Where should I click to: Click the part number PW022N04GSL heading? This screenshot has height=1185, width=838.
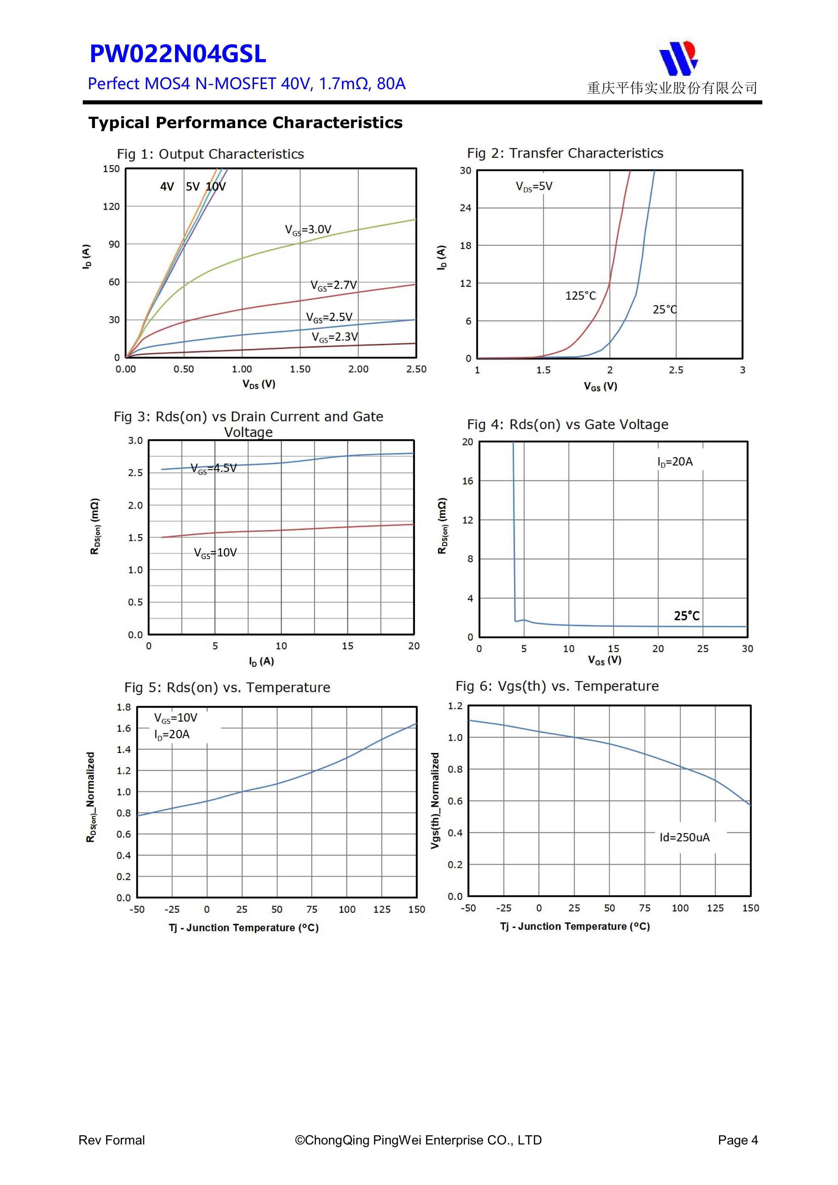click(178, 54)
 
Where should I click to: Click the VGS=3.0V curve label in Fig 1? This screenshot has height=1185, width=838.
click(308, 230)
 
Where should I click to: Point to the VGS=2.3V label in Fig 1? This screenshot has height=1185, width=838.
click(335, 337)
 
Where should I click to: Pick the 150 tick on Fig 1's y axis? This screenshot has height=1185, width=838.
click(111, 169)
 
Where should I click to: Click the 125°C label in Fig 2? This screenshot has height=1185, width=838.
click(581, 296)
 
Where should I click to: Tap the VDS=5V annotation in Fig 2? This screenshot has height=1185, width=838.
click(534, 186)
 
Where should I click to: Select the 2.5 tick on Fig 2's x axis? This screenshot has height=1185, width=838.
click(676, 370)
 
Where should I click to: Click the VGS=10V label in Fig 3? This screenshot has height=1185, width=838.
click(215, 553)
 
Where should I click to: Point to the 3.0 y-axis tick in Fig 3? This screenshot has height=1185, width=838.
click(135, 441)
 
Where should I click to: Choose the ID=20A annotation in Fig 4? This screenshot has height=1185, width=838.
click(675, 462)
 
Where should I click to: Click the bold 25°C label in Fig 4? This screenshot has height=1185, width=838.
click(687, 616)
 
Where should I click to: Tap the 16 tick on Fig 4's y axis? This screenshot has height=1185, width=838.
click(467, 481)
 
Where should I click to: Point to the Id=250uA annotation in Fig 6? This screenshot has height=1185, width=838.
click(684, 837)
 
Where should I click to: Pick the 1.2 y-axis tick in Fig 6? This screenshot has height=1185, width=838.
click(455, 706)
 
